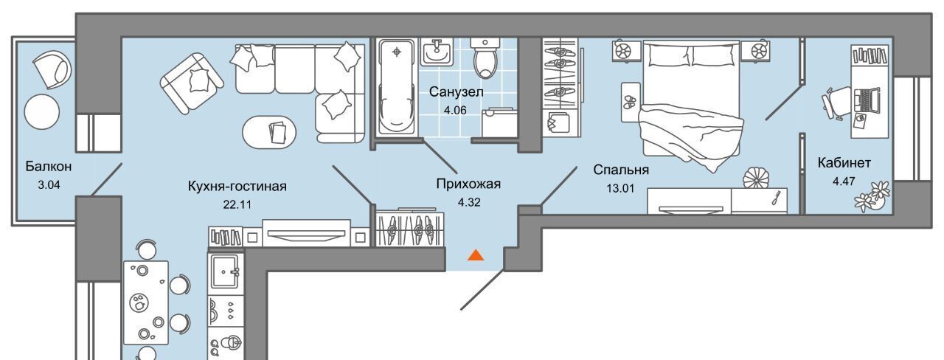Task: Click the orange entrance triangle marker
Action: tap(476, 255)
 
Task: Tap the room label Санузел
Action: tap(456, 91)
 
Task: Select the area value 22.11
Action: tap(237, 205)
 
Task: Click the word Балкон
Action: tap(49, 166)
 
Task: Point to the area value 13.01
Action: tap(620, 188)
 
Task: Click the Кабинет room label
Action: tap(844, 163)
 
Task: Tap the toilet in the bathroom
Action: tap(485, 58)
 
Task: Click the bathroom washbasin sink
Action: tap(437, 52)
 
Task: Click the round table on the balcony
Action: tap(42, 111)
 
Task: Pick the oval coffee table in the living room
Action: tap(269, 132)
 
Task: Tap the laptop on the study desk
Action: tap(867, 101)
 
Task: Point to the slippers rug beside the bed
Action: tap(631, 103)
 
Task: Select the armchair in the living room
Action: tap(191, 83)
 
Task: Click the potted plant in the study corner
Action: tap(872, 196)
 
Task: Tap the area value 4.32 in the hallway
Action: tap(469, 202)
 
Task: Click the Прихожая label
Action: tap(468, 184)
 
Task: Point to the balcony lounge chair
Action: tap(52, 69)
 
